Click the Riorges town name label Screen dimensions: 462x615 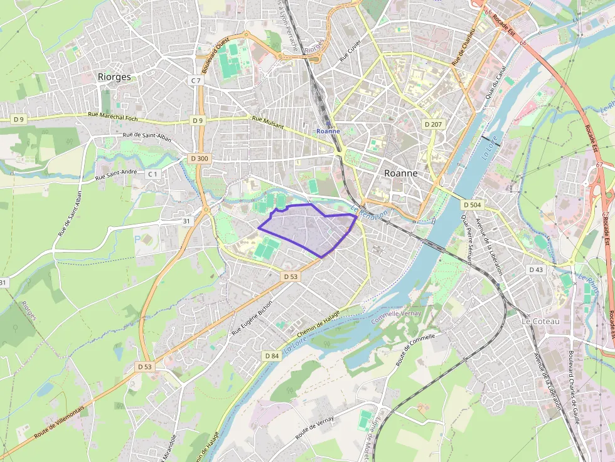pyautogui.click(x=114, y=76)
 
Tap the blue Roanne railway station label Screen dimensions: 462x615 pyautogui.click(x=328, y=131)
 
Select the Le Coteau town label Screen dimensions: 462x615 pyautogui.click(x=540, y=321)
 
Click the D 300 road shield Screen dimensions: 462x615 pyautogui.click(x=198, y=159)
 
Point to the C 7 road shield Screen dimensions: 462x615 pyautogui.click(x=196, y=81)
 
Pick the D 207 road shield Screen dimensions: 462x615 pyautogui.click(x=433, y=124)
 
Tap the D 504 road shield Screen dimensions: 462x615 pyautogui.click(x=472, y=205)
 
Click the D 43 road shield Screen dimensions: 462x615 pyautogui.click(x=535, y=270)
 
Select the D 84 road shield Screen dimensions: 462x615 pyautogui.click(x=271, y=356)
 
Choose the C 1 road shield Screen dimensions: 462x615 pyautogui.click(x=153, y=174)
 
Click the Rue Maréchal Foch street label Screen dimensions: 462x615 pyautogui.click(x=112, y=115)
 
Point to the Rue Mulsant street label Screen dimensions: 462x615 pyautogui.click(x=268, y=122)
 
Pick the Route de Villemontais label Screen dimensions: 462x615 pyautogui.click(x=59, y=421)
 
